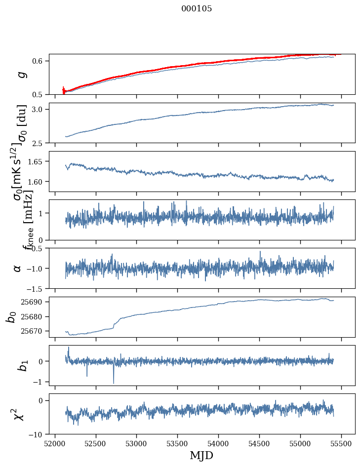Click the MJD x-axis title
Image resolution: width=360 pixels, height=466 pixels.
pyautogui.click(x=201, y=455)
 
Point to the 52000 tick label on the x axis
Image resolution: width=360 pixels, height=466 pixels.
pyautogui.click(x=55, y=443)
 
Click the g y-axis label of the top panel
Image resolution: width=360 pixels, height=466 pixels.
pyautogui.click(x=20, y=74)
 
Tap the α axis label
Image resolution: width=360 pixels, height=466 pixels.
pyautogui.click(x=17, y=268)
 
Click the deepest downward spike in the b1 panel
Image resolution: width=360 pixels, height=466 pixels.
pyautogui.click(x=114, y=383)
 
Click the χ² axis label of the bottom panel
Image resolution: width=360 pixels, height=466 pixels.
pyautogui.click(x=18, y=414)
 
